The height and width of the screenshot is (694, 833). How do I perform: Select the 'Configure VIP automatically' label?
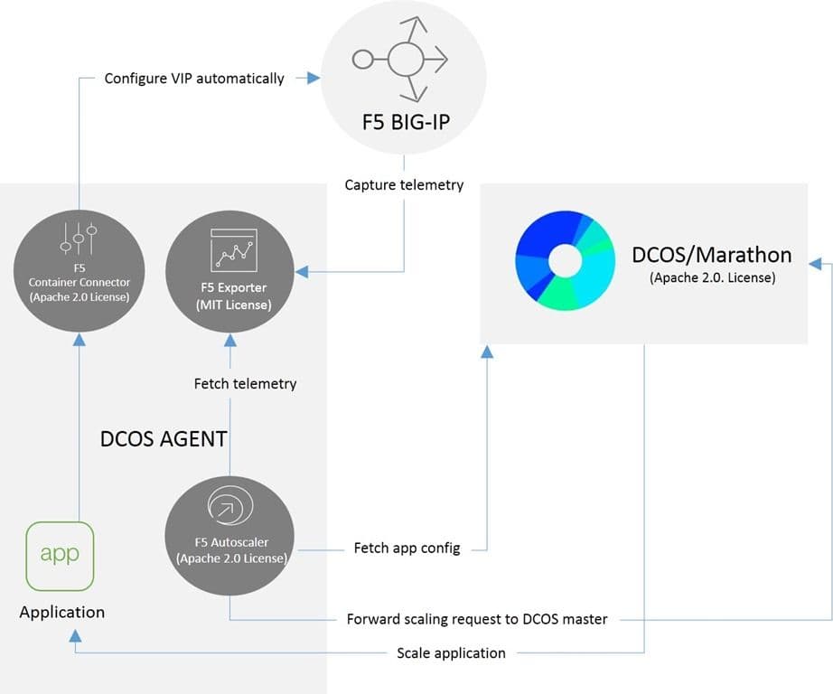194,79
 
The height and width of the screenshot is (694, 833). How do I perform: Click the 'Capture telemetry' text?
404,185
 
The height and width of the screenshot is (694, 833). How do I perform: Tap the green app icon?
60,555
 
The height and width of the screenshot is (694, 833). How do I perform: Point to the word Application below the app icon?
62,612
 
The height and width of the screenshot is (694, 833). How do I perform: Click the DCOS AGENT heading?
163,440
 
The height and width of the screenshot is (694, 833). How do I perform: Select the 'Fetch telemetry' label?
245,383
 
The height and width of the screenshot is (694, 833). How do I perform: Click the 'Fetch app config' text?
406,548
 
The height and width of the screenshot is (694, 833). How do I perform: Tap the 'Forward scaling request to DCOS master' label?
477,619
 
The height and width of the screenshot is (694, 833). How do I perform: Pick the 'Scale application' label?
451,652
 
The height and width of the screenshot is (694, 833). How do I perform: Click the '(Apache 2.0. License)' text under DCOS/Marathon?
712,278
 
